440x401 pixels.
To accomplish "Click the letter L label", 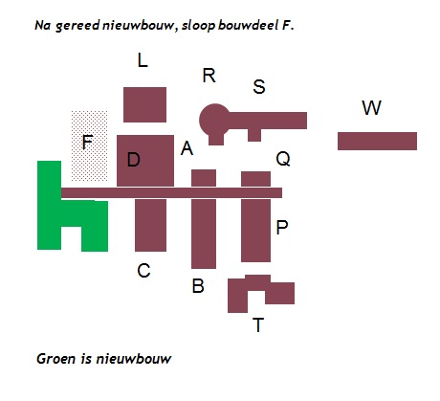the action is point(143,60).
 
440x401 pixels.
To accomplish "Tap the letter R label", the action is point(209,76).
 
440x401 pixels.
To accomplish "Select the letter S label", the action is point(259,86).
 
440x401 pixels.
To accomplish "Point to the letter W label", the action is point(371,107).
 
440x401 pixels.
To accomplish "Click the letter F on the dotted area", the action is point(87,142).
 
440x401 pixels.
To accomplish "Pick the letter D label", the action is point(134,160).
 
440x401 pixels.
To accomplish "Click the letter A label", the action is point(187,148).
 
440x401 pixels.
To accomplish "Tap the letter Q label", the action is point(283,159).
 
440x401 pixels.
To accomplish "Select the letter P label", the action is point(282,228).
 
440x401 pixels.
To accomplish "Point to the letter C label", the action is point(143,271).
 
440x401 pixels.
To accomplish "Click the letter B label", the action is point(198,286).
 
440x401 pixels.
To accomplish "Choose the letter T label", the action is point(258,325).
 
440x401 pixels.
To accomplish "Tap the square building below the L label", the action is point(144,104).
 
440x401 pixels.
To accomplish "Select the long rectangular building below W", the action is point(377,141).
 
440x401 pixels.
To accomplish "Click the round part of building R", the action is point(214,120).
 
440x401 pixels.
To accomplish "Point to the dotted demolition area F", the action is point(89,146).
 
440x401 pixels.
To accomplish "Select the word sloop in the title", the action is point(198,26).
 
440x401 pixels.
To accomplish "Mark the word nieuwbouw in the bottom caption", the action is point(134,359).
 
